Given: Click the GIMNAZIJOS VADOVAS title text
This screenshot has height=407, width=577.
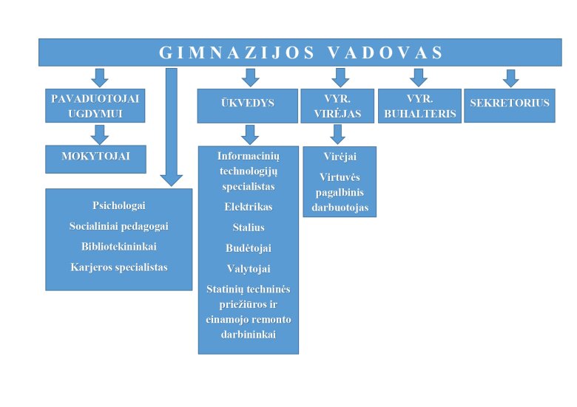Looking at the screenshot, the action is coord(300,52).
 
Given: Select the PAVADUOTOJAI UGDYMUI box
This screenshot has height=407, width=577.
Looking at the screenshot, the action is coord(95,106).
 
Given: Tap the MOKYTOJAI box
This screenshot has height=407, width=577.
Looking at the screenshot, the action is coord(95,159).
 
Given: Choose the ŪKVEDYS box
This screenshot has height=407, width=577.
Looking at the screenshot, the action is coord(248,106).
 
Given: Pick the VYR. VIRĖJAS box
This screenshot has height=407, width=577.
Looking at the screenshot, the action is coord(337,106).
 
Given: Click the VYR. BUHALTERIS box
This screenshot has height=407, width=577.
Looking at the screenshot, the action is coord(420,106).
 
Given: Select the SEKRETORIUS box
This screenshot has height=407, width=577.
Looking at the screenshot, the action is coord(510,106).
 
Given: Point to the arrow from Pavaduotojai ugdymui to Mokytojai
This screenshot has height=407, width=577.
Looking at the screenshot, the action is coord(100,135).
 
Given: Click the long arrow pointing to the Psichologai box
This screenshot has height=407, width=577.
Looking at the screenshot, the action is coord(172,127).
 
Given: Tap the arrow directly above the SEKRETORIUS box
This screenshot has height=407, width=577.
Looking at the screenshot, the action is coord(510,78).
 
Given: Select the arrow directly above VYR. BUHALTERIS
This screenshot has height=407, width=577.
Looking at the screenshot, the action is coord(419,78).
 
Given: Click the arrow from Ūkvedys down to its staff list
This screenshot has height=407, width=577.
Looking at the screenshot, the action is coord(250,135).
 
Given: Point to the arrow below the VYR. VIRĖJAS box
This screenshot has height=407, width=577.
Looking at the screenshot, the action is coord(338,134).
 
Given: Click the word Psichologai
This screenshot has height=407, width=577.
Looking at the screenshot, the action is coord(119,205).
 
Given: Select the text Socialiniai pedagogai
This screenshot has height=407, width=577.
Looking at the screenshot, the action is coord(119,226).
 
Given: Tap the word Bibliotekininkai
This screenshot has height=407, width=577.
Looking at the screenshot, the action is coord(119,247).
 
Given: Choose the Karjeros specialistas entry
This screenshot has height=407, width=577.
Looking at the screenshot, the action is coord(119,267).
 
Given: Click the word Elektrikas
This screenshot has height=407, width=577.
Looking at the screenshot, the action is coord(249,207).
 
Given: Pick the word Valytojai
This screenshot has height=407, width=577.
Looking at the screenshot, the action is coord(249,269).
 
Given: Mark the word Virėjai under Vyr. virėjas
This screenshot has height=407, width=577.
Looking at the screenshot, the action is coord(340,157).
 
